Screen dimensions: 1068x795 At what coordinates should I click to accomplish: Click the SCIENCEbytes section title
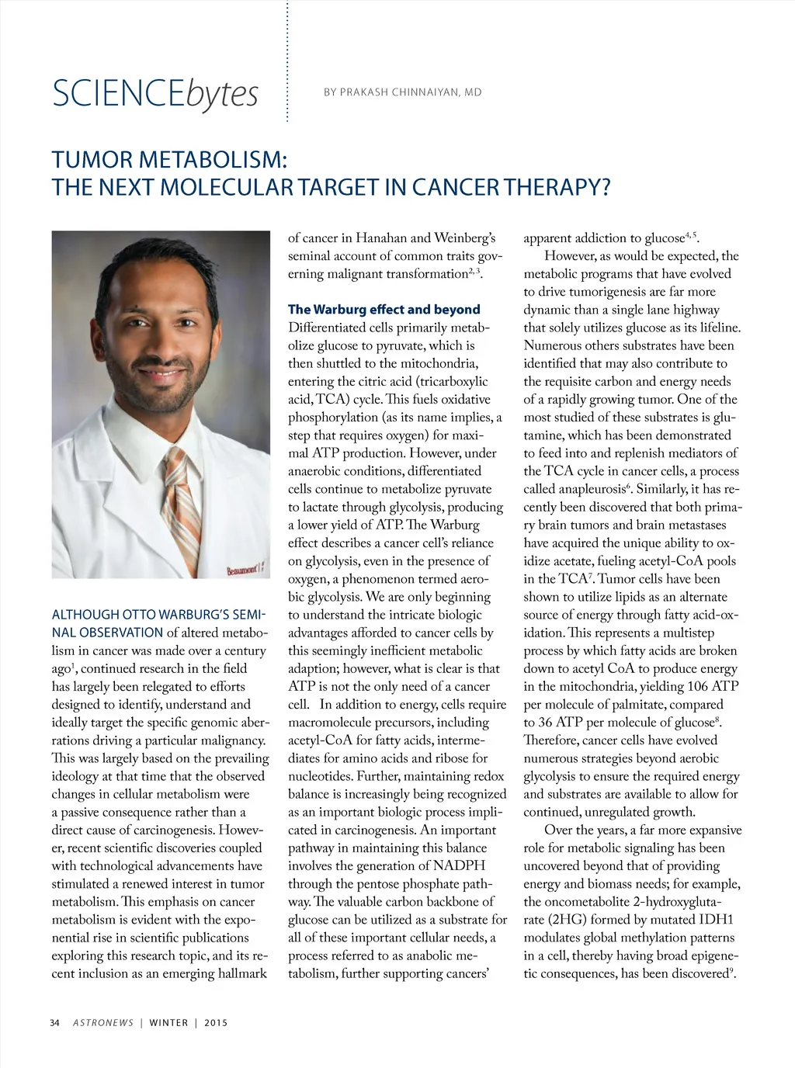point(154,93)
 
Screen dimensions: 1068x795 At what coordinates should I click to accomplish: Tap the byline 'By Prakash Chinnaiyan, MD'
point(402,92)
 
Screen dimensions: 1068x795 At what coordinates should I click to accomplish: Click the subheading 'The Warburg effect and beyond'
point(384,310)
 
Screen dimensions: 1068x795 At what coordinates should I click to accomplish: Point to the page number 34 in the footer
point(54,1023)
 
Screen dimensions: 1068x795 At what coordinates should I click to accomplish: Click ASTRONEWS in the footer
point(103,1023)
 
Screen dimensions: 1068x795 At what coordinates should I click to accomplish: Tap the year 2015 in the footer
point(216,1023)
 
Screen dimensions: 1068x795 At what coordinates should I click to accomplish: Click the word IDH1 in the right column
point(716,920)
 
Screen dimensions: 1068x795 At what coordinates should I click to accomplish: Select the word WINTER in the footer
point(168,1023)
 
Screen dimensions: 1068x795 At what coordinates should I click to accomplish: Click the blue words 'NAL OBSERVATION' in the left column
point(107,633)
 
